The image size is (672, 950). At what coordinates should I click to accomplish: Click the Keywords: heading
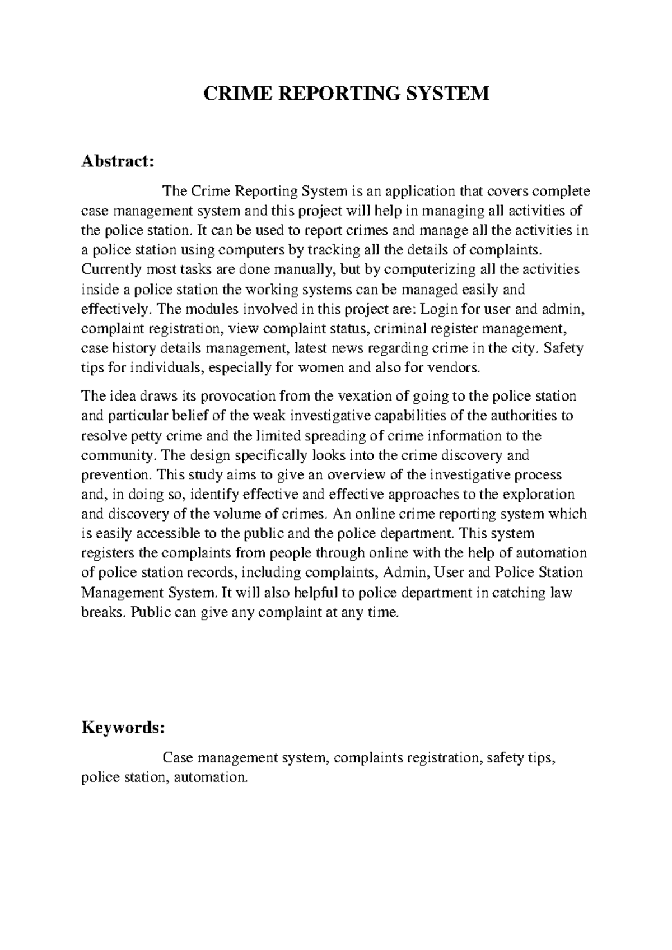123,728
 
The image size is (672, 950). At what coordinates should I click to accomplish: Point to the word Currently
111,269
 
